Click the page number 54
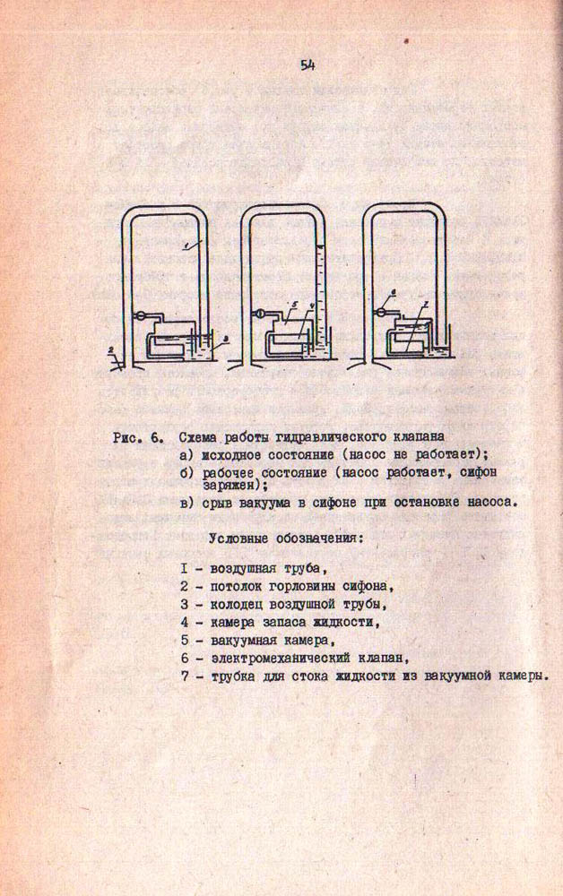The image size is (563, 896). click(x=307, y=65)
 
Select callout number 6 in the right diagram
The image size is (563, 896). click(x=393, y=294)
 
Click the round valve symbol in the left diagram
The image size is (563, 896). click(x=142, y=314)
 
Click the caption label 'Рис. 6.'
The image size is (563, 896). click(x=136, y=438)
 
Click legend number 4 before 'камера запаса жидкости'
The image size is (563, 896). click(x=183, y=621)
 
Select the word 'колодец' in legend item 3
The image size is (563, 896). click(x=236, y=603)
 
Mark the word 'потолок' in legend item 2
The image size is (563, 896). click(x=237, y=586)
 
